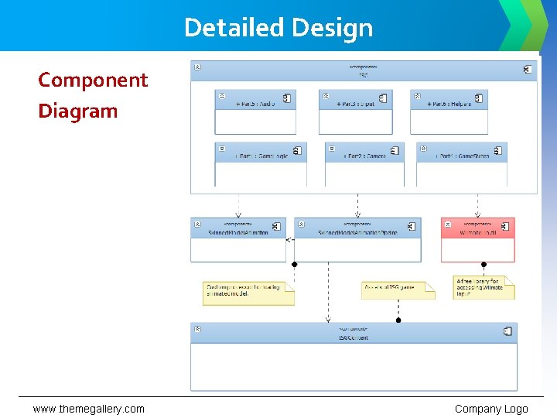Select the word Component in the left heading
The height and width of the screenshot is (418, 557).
point(93,80)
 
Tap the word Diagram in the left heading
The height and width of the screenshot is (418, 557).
point(78,111)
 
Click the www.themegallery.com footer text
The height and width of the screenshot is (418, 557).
point(88,409)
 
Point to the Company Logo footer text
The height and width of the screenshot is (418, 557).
point(491,409)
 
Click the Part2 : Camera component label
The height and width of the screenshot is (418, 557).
point(364,156)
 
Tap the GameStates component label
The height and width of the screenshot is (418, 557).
point(462,156)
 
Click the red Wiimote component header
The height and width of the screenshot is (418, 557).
point(477,229)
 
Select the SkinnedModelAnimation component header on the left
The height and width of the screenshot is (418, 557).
point(238,229)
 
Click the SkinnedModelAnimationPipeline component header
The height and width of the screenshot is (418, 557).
point(357,229)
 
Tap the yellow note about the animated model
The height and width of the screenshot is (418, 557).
point(248,293)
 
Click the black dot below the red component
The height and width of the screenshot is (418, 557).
point(484,264)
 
